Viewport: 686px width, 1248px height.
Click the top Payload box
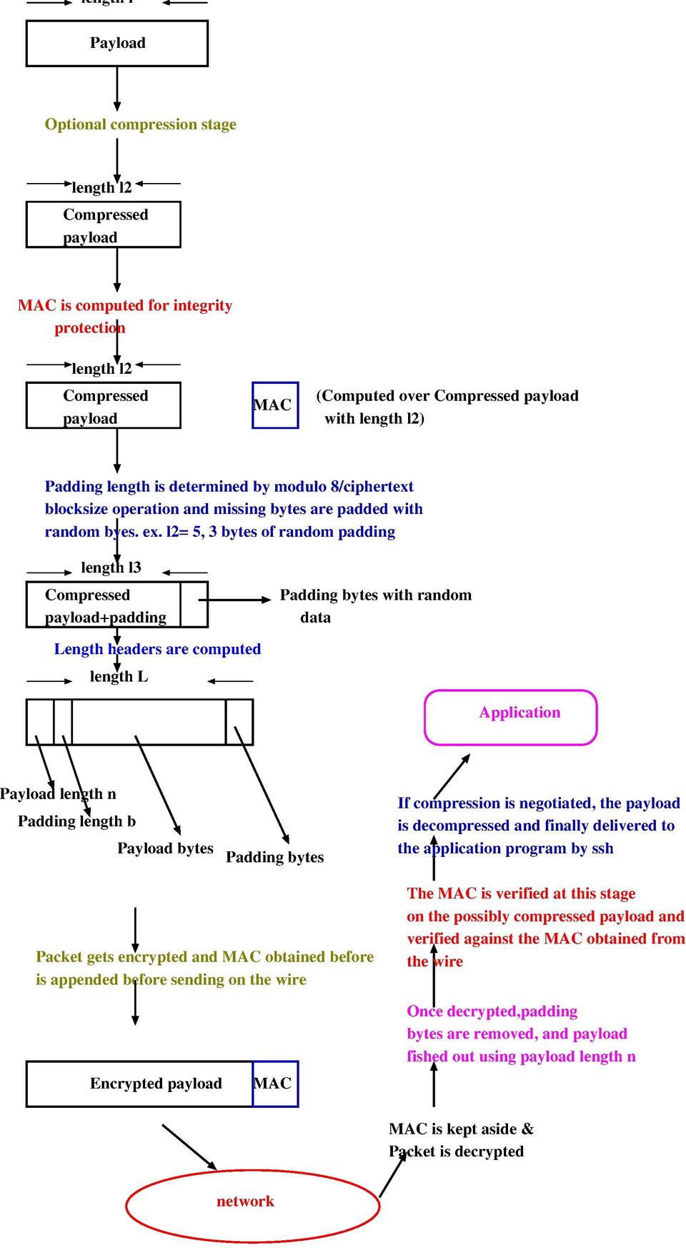pos(117,44)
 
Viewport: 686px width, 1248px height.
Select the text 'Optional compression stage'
pos(140,124)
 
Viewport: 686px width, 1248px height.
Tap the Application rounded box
pos(510,718)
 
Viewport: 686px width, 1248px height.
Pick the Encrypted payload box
pos(139,1084)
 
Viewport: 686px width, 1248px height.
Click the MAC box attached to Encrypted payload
pos(275,1084)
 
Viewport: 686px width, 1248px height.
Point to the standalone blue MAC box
pos(275,405)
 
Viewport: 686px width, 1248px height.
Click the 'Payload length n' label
pos(58,794)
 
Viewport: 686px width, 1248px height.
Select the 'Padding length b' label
pos(76,821)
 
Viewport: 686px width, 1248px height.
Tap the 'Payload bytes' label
pos(165,848)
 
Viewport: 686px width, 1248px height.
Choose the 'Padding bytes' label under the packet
pos(274,857)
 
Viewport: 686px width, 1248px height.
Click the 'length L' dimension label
pos(119,677)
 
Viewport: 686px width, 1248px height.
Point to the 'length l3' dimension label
pos(111,568)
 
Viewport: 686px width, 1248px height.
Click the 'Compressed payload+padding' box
pos(104,605)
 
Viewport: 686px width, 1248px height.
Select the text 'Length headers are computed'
pos(157,649)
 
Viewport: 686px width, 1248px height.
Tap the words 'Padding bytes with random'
pos(375,595)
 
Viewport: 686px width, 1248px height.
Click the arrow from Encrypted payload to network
pos(189,1147)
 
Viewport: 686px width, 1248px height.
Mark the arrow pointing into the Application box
pos(452,776)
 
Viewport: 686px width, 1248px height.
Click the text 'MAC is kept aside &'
pos(461,1129)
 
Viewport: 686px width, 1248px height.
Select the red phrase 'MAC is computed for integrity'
pos(125,306)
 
